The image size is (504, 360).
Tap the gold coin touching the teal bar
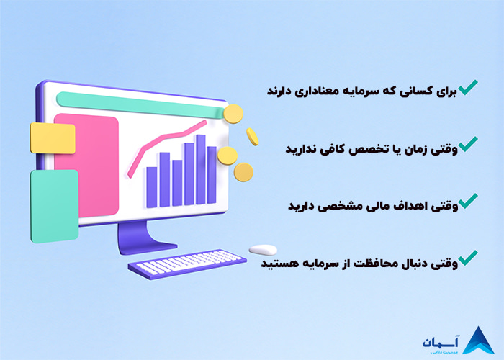233,114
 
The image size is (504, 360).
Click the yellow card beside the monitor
53,138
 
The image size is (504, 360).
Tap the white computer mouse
263,250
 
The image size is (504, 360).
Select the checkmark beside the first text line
468,89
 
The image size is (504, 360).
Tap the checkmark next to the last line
468,257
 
